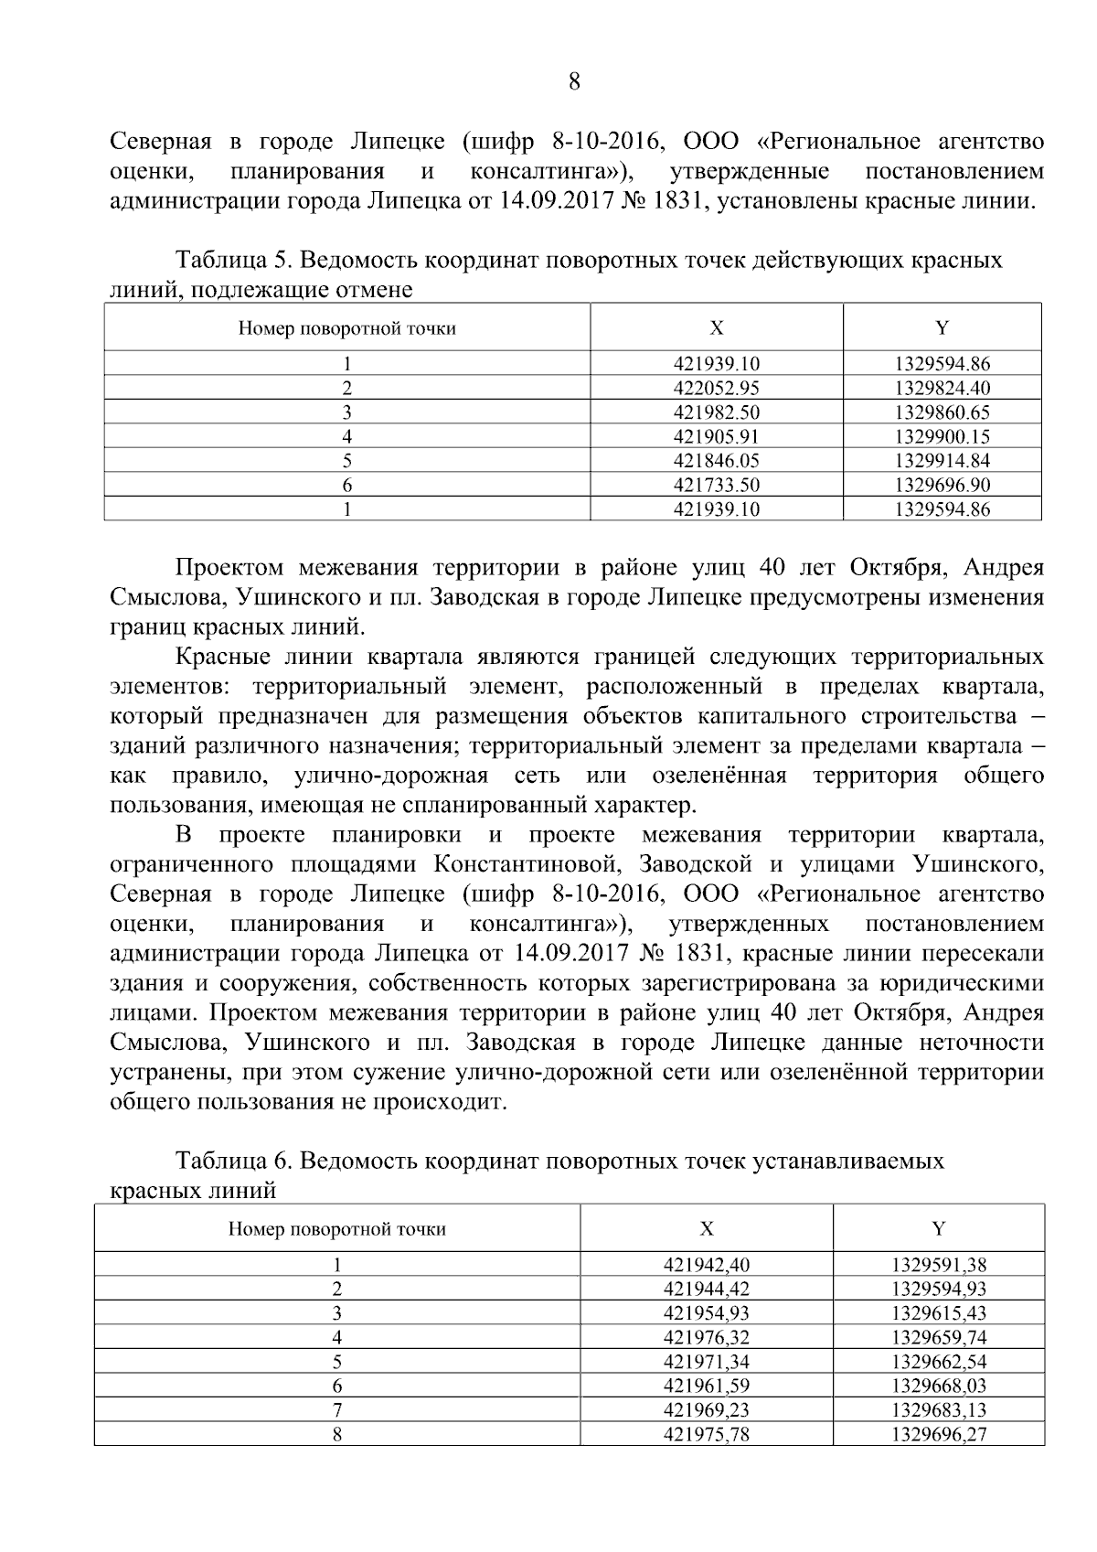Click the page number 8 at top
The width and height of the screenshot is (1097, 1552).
coord(574,82)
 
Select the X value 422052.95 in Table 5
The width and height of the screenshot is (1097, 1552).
coord(716,388)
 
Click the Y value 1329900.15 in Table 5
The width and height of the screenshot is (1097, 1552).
coord(942,436)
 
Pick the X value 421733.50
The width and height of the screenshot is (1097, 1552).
coord(716,485)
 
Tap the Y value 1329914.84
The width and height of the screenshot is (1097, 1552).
coord(942,460)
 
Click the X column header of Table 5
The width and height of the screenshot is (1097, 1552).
coord(716,327)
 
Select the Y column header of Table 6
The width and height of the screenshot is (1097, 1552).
coord(938,1228)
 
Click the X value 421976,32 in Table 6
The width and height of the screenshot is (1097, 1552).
coord(706,1337)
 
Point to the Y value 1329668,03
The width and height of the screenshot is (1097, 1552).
coord(939,1386)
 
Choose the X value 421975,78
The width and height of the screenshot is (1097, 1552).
coord(706,1434)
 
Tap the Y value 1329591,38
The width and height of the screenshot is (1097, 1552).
coord(939,1265)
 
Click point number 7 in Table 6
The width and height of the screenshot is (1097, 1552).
coord(336,1410)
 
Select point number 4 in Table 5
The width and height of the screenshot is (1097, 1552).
coord(346,436)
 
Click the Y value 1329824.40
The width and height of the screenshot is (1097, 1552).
coord(942,388)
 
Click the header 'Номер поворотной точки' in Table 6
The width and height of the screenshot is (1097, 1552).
coord(336,1228)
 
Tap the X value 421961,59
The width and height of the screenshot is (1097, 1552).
coord(706,1386)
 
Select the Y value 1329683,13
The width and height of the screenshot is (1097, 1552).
coord(939,1410)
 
